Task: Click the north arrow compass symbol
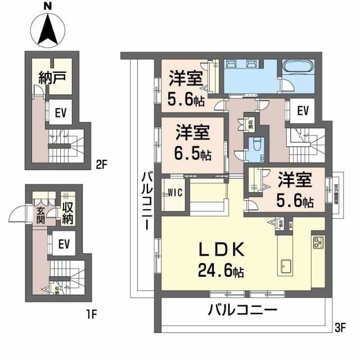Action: point(48,29)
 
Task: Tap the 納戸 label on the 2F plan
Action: point(53,78)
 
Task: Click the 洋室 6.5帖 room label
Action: point(193,143)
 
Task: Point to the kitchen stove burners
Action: point(318,243)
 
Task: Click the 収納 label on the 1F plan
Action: point(68,213)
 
